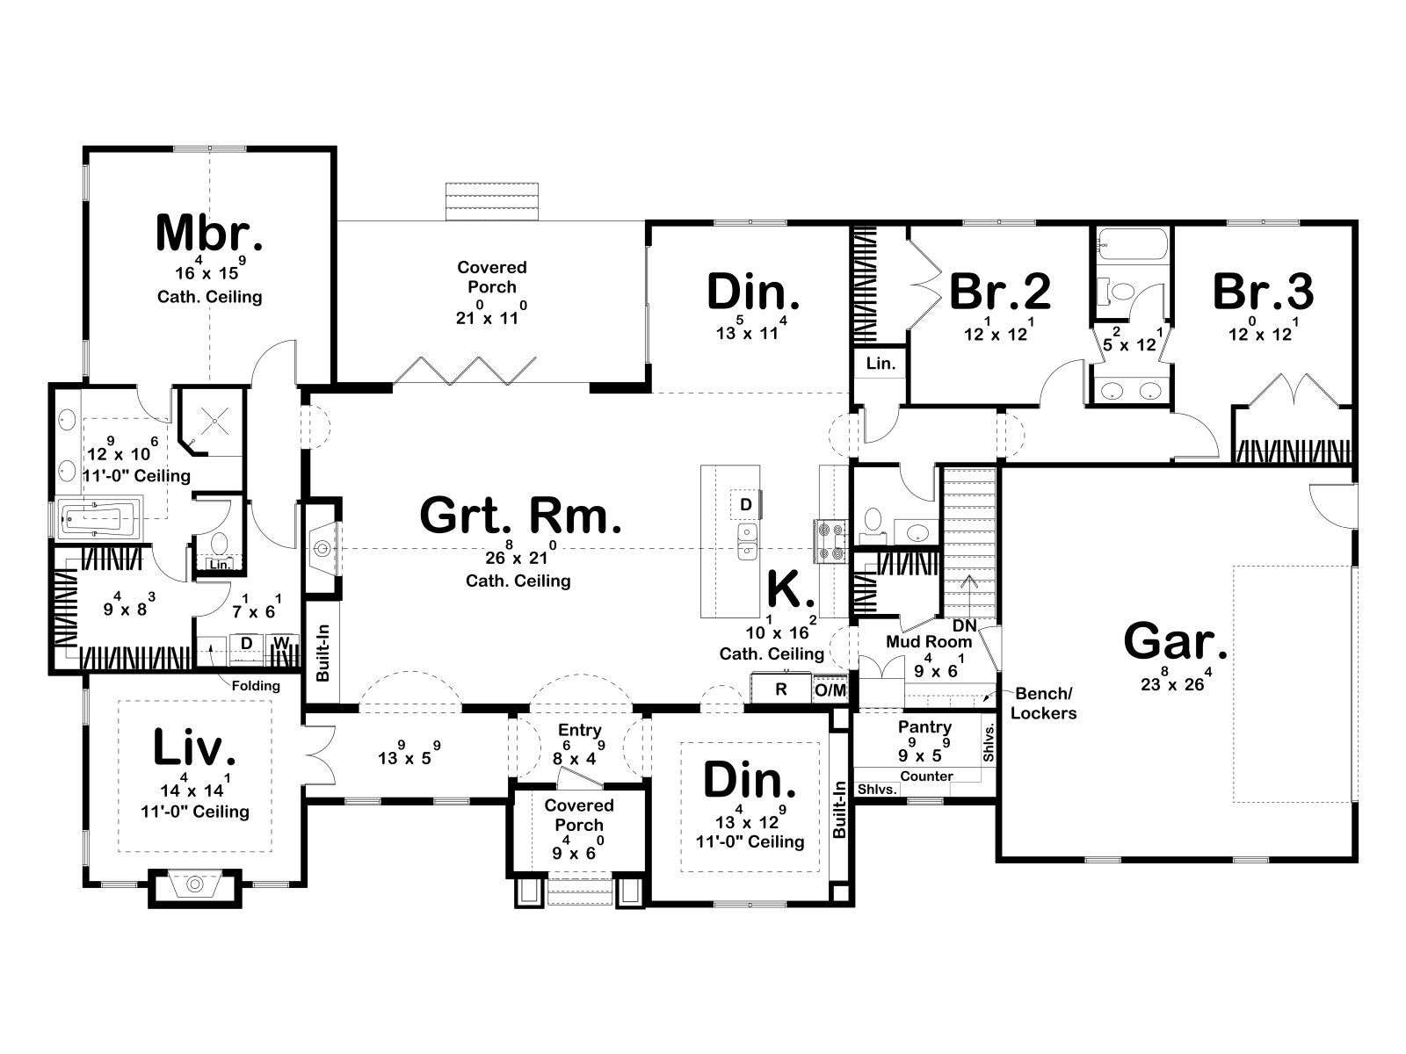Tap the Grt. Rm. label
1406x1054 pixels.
520,516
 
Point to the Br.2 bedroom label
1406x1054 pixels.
1000,291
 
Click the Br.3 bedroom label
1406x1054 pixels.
1263,291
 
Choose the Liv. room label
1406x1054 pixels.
194,747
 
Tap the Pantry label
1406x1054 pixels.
924,727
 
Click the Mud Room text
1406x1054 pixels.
929,641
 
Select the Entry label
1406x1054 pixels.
579,730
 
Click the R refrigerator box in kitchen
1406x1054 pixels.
781,689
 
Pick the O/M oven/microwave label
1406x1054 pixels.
830,690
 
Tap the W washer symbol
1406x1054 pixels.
281,643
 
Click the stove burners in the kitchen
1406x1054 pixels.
830,541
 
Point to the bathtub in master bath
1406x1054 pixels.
98,519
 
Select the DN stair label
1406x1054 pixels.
965,625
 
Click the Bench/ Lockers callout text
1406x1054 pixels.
1043,704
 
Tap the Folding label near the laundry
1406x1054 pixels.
256,686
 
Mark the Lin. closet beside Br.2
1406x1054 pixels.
881,364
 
